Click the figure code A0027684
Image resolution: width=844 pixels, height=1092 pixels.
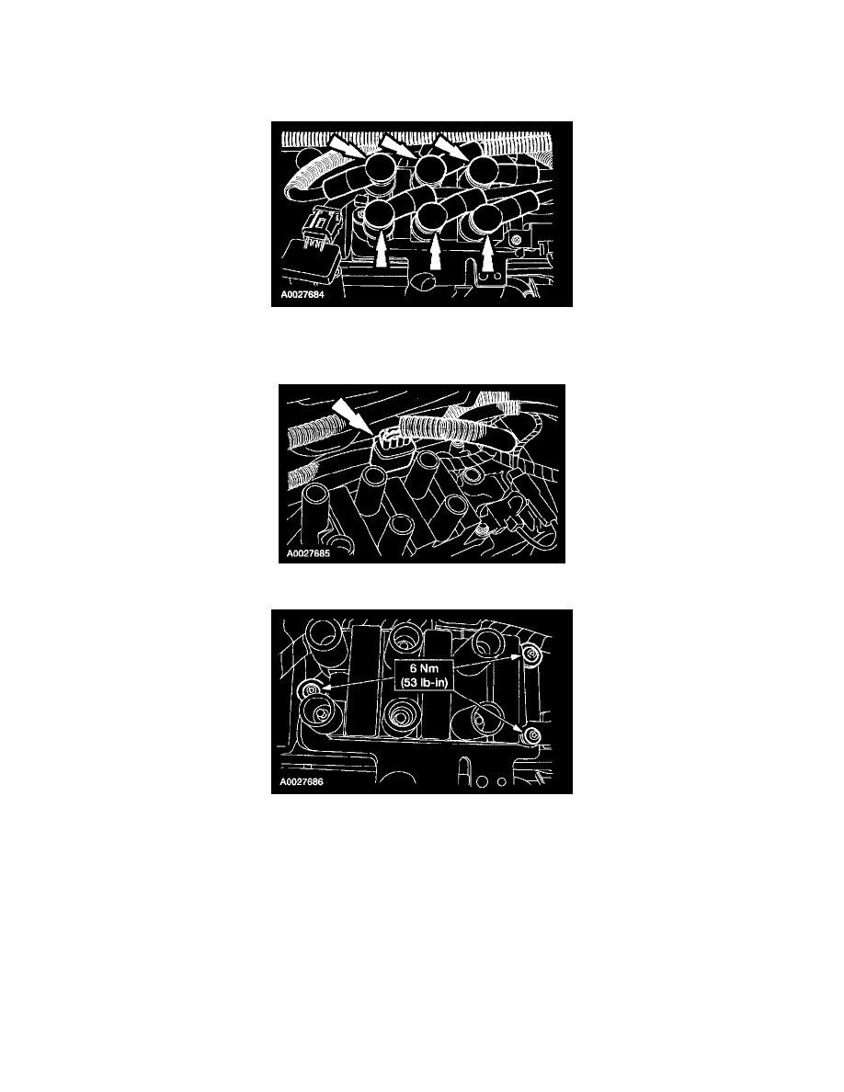(302, 294)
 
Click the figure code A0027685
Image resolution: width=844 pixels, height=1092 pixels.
(309, 554)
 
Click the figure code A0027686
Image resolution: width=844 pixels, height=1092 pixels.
(302, 782)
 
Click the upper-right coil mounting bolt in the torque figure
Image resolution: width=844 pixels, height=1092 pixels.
(531, 654)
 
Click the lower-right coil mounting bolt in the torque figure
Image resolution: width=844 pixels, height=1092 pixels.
(532, 736)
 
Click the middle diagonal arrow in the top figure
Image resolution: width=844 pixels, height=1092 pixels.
(397, 145)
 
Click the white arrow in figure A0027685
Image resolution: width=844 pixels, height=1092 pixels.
(351, 415)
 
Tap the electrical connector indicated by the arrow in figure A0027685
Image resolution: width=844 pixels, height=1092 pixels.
(387, 444)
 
